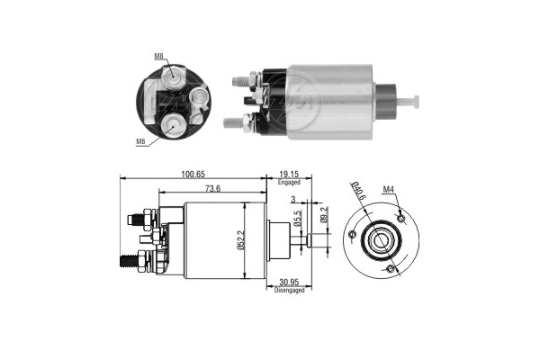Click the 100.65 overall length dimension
[x=193, y=175]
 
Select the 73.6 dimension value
[x=212, y=189]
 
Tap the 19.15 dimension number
[x=289, y=175]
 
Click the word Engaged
[x=289, y=182]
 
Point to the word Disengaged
[x=289, y=291]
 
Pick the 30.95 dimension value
[x=289, y=283]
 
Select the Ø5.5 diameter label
[x=298, y=219]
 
